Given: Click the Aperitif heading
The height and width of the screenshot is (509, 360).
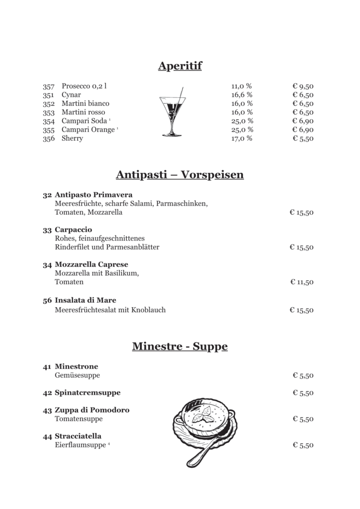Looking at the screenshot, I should [x=180, y=66].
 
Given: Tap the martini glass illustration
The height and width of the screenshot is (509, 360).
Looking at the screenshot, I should [x=173, y=112].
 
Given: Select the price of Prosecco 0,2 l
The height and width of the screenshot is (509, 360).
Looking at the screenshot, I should [x=302, y=86].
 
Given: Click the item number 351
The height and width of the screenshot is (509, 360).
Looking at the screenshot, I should [x=48, y=95].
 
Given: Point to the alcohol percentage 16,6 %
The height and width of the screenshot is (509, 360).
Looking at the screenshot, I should [x=242, y=95].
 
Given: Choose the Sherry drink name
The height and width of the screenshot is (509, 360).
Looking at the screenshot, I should [x=72, y=139].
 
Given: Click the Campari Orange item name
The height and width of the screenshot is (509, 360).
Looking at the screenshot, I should [x=88, y=130].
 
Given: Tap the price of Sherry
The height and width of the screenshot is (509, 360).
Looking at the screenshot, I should [x=302, y=139].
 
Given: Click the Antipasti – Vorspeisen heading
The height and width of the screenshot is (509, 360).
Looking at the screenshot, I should [x=180, y=175].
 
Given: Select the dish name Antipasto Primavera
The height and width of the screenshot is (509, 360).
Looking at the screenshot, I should [x=93, y=194].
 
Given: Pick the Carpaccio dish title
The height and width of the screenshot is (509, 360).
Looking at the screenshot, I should [x=74, y=230].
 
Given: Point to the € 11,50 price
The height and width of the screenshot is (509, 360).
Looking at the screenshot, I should [x=302, y=282].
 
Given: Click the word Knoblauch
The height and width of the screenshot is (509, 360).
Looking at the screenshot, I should [x=149, y=310].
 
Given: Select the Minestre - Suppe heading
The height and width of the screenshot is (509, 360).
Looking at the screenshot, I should [x=180, y=346].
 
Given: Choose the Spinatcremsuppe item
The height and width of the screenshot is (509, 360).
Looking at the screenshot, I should [x=88, y=393].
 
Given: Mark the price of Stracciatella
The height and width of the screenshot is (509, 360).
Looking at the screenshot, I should [x=303, y=445].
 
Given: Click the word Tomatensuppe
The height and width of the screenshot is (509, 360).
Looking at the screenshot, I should [x=79, y=419].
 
